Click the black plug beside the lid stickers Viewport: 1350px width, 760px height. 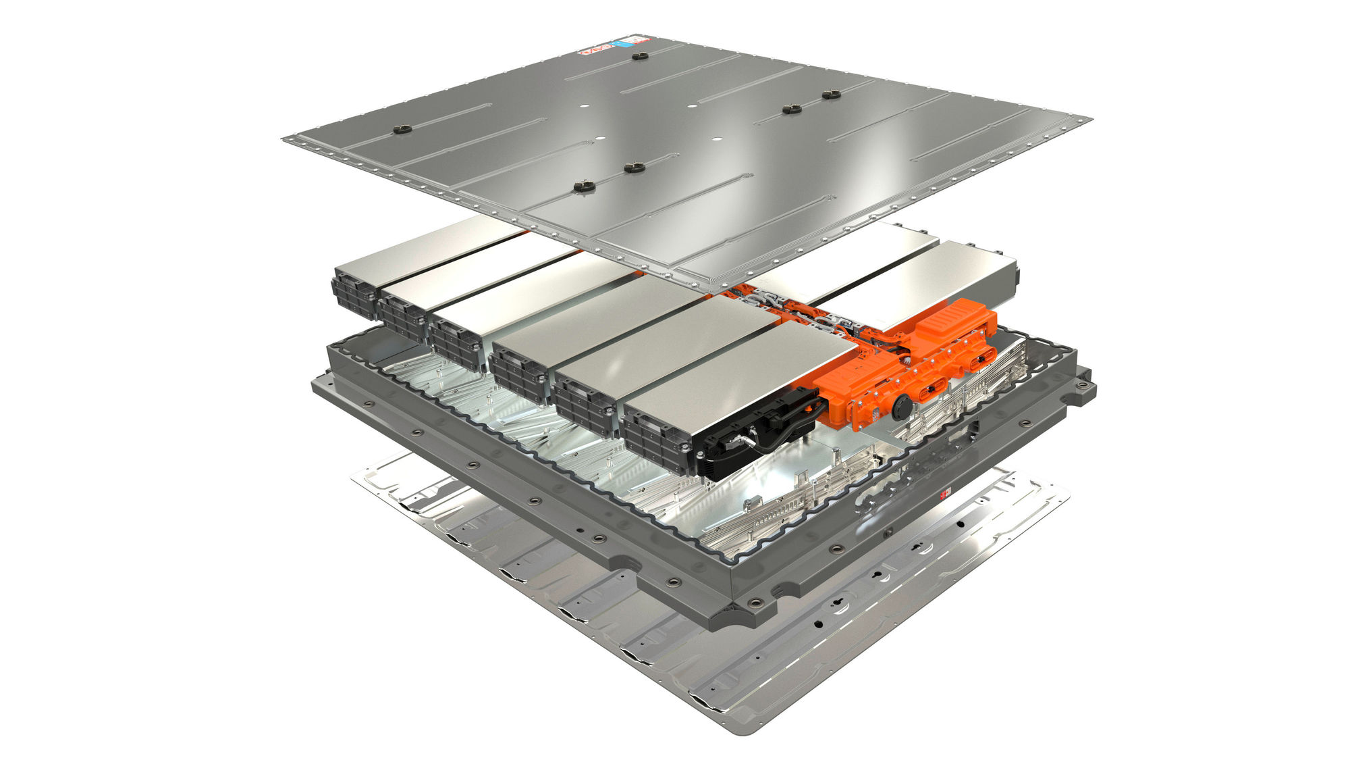click(640, 56)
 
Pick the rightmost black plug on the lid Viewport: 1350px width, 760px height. click(831, 95)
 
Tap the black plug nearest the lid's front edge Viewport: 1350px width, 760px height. click(583, 187)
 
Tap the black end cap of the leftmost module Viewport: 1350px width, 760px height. click(353, 294)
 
